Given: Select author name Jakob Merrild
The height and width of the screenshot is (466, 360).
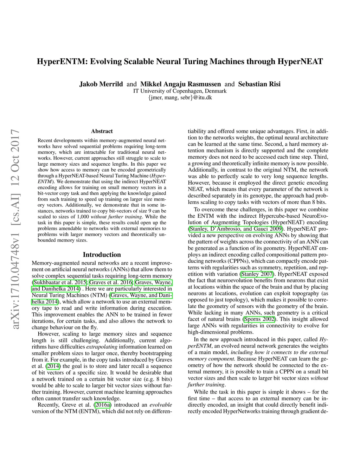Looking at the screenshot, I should (101, 84).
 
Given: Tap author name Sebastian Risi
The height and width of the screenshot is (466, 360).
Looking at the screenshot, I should (259, 84).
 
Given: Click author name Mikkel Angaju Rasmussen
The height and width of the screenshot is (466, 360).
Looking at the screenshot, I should (180, 84).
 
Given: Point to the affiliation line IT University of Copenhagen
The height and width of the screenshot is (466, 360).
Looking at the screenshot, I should (180, 91).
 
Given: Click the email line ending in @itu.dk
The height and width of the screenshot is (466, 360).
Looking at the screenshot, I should (180, 97).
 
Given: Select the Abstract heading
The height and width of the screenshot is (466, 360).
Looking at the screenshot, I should (102, 131).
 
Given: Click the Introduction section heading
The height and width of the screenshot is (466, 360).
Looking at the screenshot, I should (102, 255).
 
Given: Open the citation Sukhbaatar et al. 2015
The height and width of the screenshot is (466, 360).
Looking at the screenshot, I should (60, 282).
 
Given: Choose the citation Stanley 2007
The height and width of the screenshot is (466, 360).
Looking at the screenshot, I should (257, 274).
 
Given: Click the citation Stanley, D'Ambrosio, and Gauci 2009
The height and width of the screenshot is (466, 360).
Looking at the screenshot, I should (236, 229).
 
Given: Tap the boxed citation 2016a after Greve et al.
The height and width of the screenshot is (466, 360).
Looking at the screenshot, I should (102, 405).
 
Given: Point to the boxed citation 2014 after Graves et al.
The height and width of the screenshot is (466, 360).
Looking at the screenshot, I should (53, 366).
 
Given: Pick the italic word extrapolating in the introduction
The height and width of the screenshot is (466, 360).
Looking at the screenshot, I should (102, 347).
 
